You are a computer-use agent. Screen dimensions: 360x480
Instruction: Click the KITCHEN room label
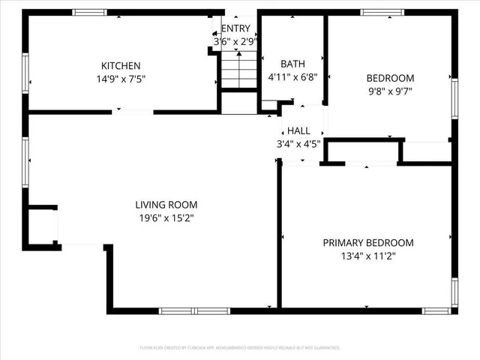click(x=121, y=66)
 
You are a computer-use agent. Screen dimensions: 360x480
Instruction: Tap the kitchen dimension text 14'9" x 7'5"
click(x=121, y=78)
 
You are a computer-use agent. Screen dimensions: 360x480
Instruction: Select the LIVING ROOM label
click(x=166, y=205)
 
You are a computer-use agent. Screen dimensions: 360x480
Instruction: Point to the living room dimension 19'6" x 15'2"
click(x=166, y=217)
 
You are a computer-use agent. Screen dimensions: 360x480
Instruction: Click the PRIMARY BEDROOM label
click(x=368, y=243)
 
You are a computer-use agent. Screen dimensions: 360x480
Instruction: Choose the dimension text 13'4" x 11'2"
click(x=368, y=256)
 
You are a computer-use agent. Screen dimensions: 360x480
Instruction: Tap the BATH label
click(x=292, y=64)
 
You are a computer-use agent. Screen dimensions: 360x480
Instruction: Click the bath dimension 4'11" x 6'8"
click(x=292, y=76)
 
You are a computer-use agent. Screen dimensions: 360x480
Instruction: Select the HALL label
click(x=298, y=130)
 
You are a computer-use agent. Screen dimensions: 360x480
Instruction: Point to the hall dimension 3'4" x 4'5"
click(x=298, y=143)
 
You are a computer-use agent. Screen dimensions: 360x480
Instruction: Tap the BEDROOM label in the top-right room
click(x=389, y=78)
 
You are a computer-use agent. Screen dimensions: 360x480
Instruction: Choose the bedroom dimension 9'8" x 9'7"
click(x=389, y=91)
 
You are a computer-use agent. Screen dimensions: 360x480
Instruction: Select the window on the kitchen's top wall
click(x=90, y=12)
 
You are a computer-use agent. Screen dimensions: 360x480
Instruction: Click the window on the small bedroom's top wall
click(x=382, y=12)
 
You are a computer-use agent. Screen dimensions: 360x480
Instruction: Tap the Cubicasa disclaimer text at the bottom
click(x=240, y=348)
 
